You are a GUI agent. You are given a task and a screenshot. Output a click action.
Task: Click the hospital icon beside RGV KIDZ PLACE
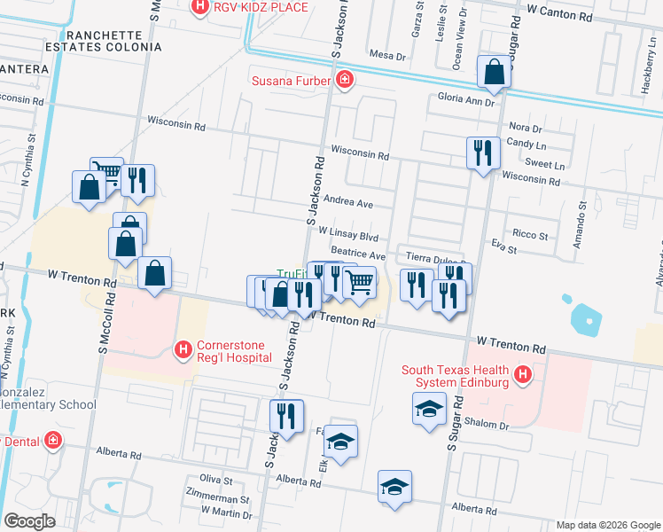[200, 7]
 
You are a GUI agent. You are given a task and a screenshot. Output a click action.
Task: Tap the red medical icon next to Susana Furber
[345, 82]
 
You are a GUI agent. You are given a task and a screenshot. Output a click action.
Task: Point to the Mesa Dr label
[387, 55]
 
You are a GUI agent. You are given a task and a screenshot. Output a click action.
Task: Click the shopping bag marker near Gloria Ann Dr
[494, 73]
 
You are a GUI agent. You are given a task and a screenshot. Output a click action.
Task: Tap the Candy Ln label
[526, 145]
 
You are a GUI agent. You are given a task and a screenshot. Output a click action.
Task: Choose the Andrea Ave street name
[347, 201]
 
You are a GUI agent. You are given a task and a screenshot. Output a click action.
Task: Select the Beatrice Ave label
[358, 254]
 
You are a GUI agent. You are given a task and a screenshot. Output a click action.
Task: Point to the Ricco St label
[531, 236]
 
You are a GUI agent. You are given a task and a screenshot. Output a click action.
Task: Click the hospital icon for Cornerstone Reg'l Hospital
[183, 349]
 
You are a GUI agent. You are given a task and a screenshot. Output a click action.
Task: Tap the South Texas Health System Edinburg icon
[523, 375]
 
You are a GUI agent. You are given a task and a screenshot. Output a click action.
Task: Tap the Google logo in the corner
[29, 521]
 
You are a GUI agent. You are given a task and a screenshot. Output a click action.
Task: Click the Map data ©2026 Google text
[607, 525]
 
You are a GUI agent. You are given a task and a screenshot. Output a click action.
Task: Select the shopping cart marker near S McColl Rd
[106, 172]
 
